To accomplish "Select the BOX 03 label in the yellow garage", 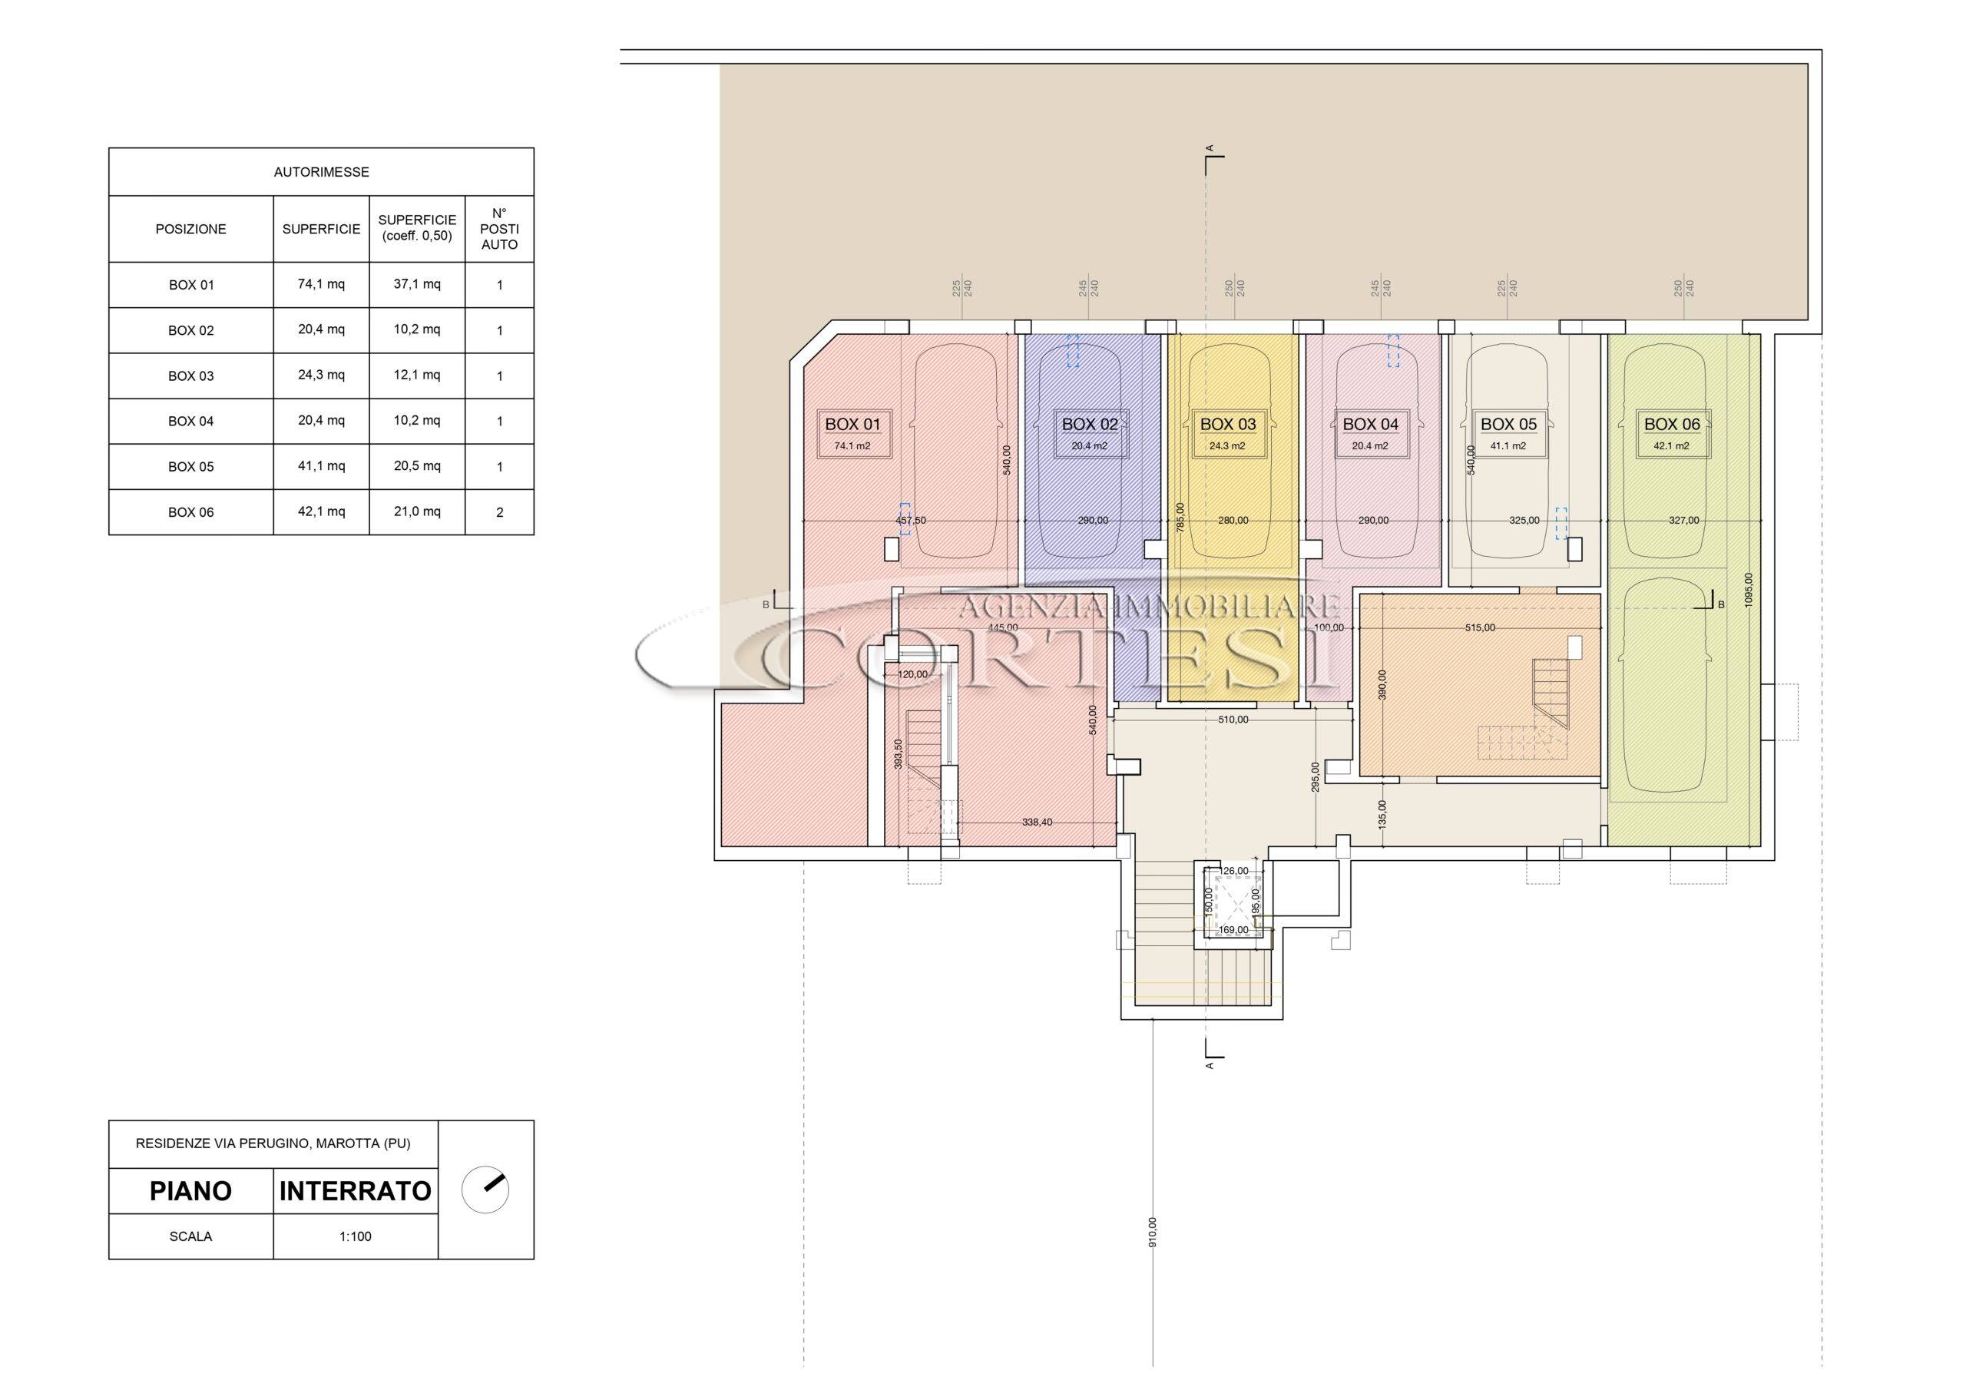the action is tap(1228, 424).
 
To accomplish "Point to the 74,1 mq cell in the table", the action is tap(321, 284).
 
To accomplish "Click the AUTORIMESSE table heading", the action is tap(321, 172).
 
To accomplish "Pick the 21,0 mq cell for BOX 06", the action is tap(417, 511).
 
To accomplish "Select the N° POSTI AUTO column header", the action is tap(499, 229).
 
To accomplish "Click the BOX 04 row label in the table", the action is tap(191, 422).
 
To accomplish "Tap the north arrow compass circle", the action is tap(485, 1190).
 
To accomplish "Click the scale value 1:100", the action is tap(356, 1236).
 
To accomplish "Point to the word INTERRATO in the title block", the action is tap(356, 1191).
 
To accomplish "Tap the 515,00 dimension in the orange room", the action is tap(1480, 627).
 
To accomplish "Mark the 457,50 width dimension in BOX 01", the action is tap(911, 520).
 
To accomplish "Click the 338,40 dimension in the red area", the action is tap(1037, 822).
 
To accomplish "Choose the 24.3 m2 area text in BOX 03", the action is tap(1227, 446).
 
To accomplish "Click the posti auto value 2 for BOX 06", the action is tap(499, 512).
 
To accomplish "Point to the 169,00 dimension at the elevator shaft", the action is tap(1233, 929).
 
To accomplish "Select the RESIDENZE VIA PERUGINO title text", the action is tap(273, 1144).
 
